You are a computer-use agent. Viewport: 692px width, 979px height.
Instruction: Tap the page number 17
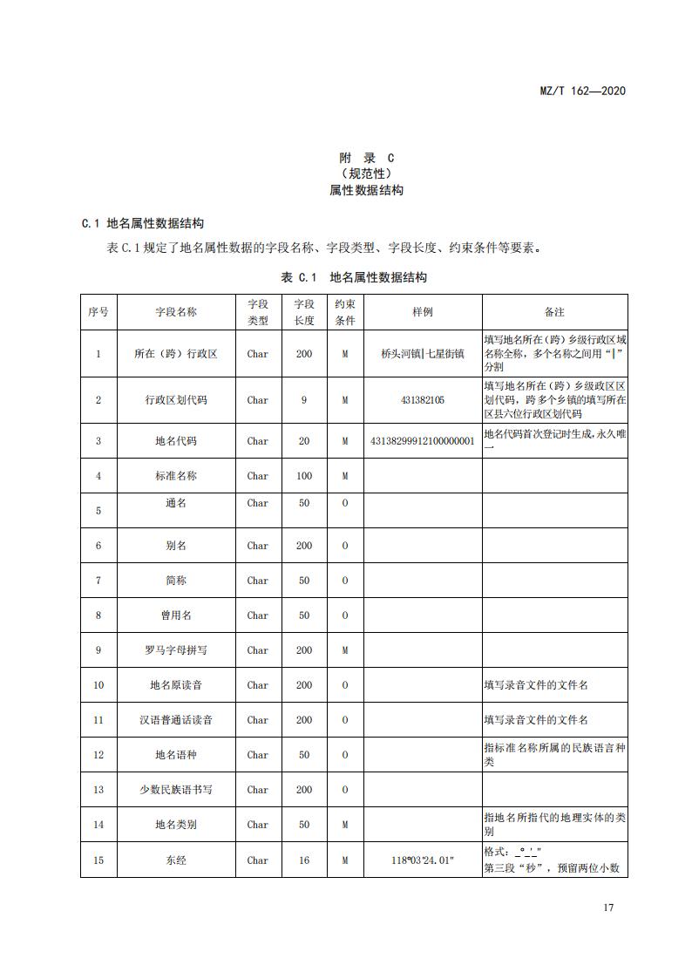[608, 908]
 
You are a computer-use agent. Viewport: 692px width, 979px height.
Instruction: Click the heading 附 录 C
[366, 158]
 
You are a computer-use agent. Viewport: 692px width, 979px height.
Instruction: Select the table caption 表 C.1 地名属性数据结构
[354, 277]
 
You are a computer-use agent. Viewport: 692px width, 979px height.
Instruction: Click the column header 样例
[423, 312]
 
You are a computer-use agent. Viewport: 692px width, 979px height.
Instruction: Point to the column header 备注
[554, 312]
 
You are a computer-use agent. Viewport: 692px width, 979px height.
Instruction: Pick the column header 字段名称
[176, 312]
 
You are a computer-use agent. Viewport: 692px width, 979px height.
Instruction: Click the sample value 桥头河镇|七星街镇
[423, 354]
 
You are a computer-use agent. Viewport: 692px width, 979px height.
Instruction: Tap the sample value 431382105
[423, 400]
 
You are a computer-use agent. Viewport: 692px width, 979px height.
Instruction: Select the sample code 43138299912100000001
[423, 441]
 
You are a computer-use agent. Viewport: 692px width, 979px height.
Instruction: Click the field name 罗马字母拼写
[176, 650]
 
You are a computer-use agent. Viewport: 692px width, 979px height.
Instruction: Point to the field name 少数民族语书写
[176, 790]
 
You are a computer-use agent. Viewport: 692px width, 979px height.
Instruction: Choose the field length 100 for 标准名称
[304, 476]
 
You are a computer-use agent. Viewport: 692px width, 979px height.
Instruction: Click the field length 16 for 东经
[304, 860]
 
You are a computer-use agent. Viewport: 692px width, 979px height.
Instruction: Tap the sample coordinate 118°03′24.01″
[423, 860]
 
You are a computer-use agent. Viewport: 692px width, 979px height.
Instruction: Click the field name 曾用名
[176, 615]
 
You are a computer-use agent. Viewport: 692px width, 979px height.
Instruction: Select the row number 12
[98, 755]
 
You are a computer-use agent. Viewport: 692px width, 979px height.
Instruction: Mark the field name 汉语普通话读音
[176, 720]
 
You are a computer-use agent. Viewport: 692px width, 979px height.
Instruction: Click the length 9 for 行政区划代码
[304, 400]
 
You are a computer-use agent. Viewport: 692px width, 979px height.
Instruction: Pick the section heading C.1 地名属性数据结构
[144, 223]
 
